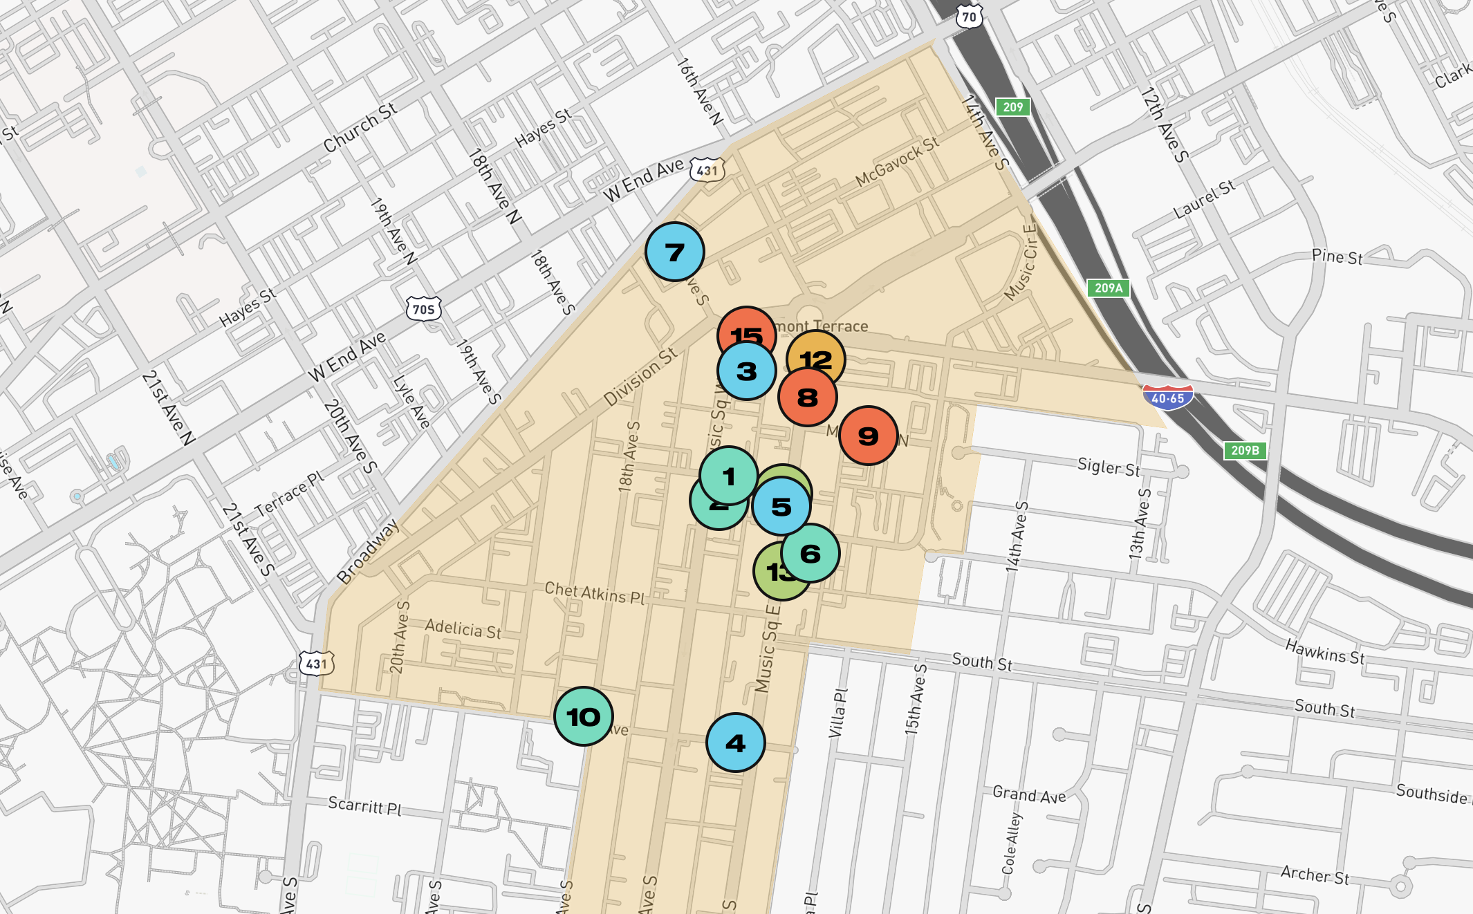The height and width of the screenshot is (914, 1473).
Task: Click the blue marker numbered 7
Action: [x=675, y=252]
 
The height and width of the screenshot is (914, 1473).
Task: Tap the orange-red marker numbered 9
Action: [x=869, y=436]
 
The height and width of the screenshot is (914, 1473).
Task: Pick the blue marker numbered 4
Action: [x=736, y=743]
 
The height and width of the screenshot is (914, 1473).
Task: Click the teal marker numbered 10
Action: [x=584, y=716]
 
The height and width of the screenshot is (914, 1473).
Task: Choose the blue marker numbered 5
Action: [x=781, y=507]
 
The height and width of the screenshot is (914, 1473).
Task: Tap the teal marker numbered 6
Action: [x=810, y=553]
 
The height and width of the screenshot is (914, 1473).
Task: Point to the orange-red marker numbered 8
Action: [x=808, y=398]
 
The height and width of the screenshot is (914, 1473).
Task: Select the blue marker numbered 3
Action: [x=747, y=371]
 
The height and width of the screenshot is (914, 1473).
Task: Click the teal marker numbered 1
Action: [x=729, y=476]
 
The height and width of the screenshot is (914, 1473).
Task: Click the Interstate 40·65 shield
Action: [x=1168, y=398]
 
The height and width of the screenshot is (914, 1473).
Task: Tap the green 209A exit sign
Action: [x=1108, y=288]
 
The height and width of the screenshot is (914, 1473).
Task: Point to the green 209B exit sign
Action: [x=1245, y=450]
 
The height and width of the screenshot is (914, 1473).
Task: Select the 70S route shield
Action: [x=423, y=308]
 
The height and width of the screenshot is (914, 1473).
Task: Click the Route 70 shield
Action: [x=970, y=17]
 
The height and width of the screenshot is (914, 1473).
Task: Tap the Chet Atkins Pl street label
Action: [x=595, y=593]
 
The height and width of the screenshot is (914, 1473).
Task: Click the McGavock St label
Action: [x=897, y=161]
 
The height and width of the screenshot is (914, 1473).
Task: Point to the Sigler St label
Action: [x=1109, y=467]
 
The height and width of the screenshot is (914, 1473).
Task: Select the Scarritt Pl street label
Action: [x=364, y=805]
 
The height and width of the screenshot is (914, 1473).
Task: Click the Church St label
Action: [x=360, y=127]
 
